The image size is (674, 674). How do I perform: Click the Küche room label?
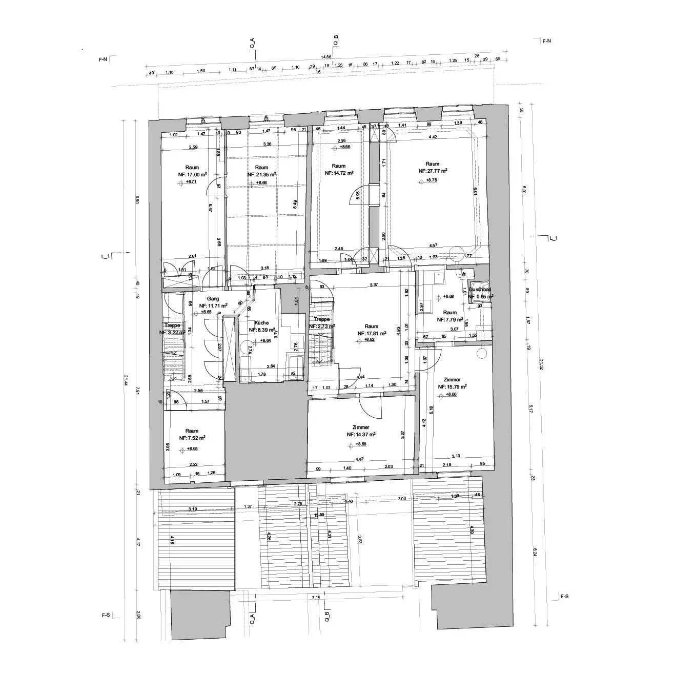(x=260, y=323)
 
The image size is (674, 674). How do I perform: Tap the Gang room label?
(x=213, y=298)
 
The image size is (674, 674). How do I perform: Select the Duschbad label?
(x=480, y=290)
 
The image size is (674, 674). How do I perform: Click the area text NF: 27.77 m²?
(x=433, y=171)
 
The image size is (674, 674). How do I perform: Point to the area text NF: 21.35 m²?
(x=261, y=174)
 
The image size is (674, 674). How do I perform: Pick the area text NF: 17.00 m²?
(x=192, y=174)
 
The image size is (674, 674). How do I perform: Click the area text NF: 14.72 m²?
(x=339, y=173)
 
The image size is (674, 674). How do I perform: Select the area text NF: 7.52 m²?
(x=192, y=438)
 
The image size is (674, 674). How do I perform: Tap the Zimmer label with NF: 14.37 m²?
(x=361, y=427)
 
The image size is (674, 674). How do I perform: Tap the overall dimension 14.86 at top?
(x=326, y=57)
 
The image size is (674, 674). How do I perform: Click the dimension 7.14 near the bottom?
(x=316, y=598)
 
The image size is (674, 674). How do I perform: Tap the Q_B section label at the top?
(x=336, y=40)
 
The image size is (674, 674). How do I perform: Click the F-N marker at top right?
(x=546, y=40)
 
